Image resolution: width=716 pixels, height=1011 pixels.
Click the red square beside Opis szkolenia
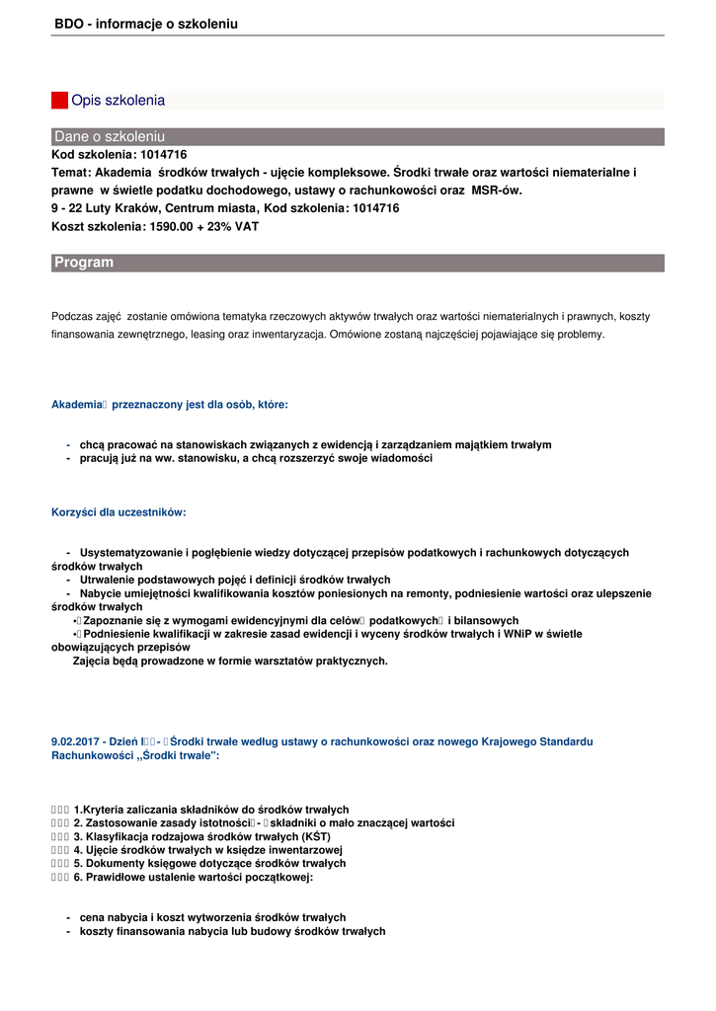pos(59,101)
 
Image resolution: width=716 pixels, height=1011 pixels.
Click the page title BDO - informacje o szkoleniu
pos(146,24)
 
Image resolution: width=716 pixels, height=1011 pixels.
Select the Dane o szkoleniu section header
pos(110,136)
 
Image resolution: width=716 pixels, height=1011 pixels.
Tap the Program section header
pos(84,263)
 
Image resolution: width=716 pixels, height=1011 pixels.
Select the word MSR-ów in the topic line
pos(497,191)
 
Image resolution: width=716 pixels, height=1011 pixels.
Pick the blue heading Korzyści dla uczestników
pos(119,512)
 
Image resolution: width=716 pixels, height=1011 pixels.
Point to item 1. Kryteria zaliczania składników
pos(211,810)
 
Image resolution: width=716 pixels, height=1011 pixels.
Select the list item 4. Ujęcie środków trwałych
pos(207,850)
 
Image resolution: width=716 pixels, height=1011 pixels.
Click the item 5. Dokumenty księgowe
pos(209,863)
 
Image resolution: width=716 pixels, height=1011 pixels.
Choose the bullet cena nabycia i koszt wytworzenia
pos(212,917)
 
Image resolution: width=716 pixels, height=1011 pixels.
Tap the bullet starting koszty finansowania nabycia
pos(232,931)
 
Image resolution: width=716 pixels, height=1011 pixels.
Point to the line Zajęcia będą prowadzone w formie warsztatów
pos(230,661)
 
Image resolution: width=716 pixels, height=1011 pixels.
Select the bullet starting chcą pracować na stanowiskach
pos(315,444)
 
